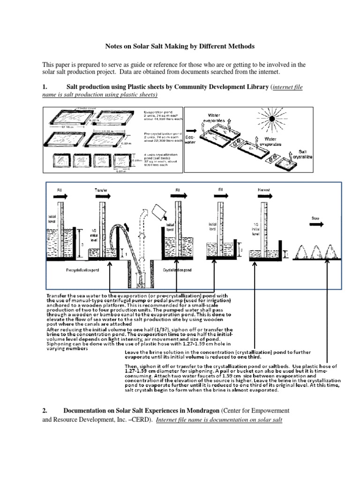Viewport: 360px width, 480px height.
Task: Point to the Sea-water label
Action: pos(190,139)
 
